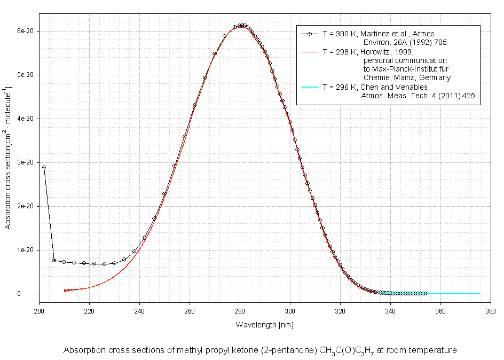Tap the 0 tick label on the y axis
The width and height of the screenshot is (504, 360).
point(33,294)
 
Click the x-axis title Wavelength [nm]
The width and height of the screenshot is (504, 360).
point(264,325)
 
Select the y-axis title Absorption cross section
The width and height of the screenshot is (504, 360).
point(8,161)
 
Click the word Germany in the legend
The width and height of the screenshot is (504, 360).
point(435,77)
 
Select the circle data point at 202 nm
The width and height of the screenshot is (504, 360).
point(44,167)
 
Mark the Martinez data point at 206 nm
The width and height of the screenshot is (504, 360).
point(54,260)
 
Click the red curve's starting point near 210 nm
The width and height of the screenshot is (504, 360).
point(65,291)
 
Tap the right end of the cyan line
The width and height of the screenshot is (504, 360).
point(481,294)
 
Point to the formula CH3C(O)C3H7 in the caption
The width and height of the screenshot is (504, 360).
point(348,351)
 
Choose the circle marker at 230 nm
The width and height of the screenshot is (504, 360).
point(114,263)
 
